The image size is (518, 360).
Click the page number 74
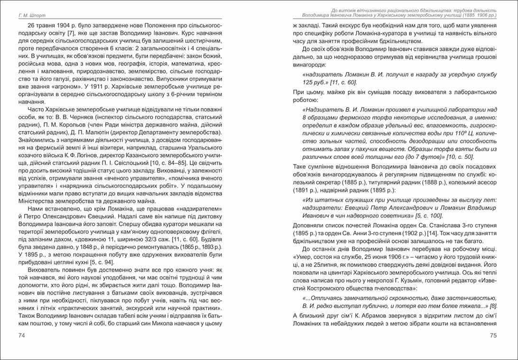pos(21,336)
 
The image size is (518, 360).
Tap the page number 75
pos(493,336)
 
